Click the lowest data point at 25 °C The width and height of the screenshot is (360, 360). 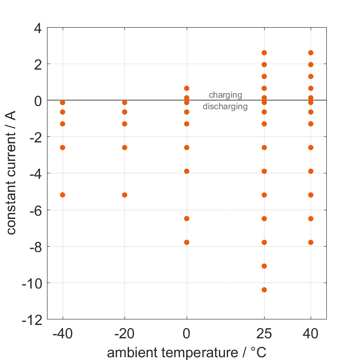pyautogui.click(x=264, y=289)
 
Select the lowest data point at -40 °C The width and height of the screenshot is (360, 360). pyautogui.click(x=63, y=195)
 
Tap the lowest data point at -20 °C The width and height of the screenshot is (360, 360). pyautogui.click(x=124, y=195)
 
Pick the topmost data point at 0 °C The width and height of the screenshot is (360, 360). pyautogui.click(x=187, y=88)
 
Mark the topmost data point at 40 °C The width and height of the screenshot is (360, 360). pyautogui.click(x=311, y=53)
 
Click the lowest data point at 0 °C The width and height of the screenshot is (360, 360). pyautogui.click(x=187, y=242)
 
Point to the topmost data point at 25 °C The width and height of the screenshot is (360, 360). pyautogui.click(x=264, y=53)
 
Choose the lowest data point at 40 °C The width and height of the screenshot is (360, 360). pyautogui.click(x=311, y=242)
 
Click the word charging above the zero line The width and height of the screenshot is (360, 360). pyautogui.click(x=225, y=95)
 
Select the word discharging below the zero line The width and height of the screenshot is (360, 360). pyautogui.click(x=225, y=107)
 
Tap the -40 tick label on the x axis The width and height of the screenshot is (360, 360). pyautogui.click(x=63, y=333)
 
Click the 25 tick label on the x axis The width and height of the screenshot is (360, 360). pyautogui.click(x=264, y=333)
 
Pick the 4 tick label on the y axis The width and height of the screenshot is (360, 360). pyautogui.click(x=37, y=28)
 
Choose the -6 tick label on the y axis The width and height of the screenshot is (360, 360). pyautogui.click(x=35, y=210)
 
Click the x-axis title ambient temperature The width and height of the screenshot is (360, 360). pyautogui.click(x=187, y=353)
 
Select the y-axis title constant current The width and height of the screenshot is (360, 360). pyautogui.click(x=12, y=174)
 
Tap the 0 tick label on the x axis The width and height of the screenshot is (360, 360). pyautogui.click(x=187, y=333)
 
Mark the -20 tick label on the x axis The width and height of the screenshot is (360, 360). pyautogui.click(x=124, y=333)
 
